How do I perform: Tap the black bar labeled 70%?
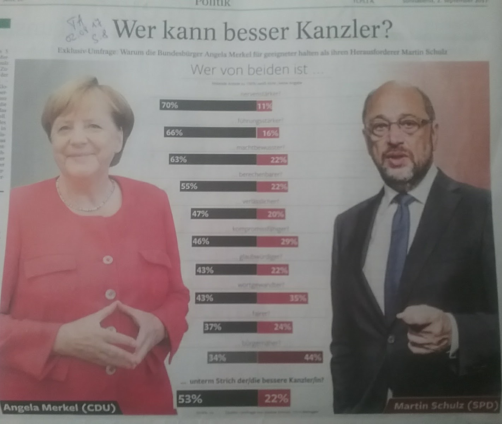point(208,105)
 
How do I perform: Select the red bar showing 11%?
point(265,106)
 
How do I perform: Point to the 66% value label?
point(174,132)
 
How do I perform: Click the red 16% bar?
point(268,133)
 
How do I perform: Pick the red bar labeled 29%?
point(277,242)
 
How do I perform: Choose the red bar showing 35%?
point(282,298)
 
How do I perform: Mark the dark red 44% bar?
point(290,358)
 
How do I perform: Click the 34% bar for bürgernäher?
point(232,358)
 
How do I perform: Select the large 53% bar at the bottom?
point(217,399)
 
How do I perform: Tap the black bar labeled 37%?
point(230,327)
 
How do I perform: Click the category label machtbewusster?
point(260,148)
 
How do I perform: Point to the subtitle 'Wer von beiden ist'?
point(256,69)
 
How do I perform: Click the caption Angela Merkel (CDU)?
point(59,408)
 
